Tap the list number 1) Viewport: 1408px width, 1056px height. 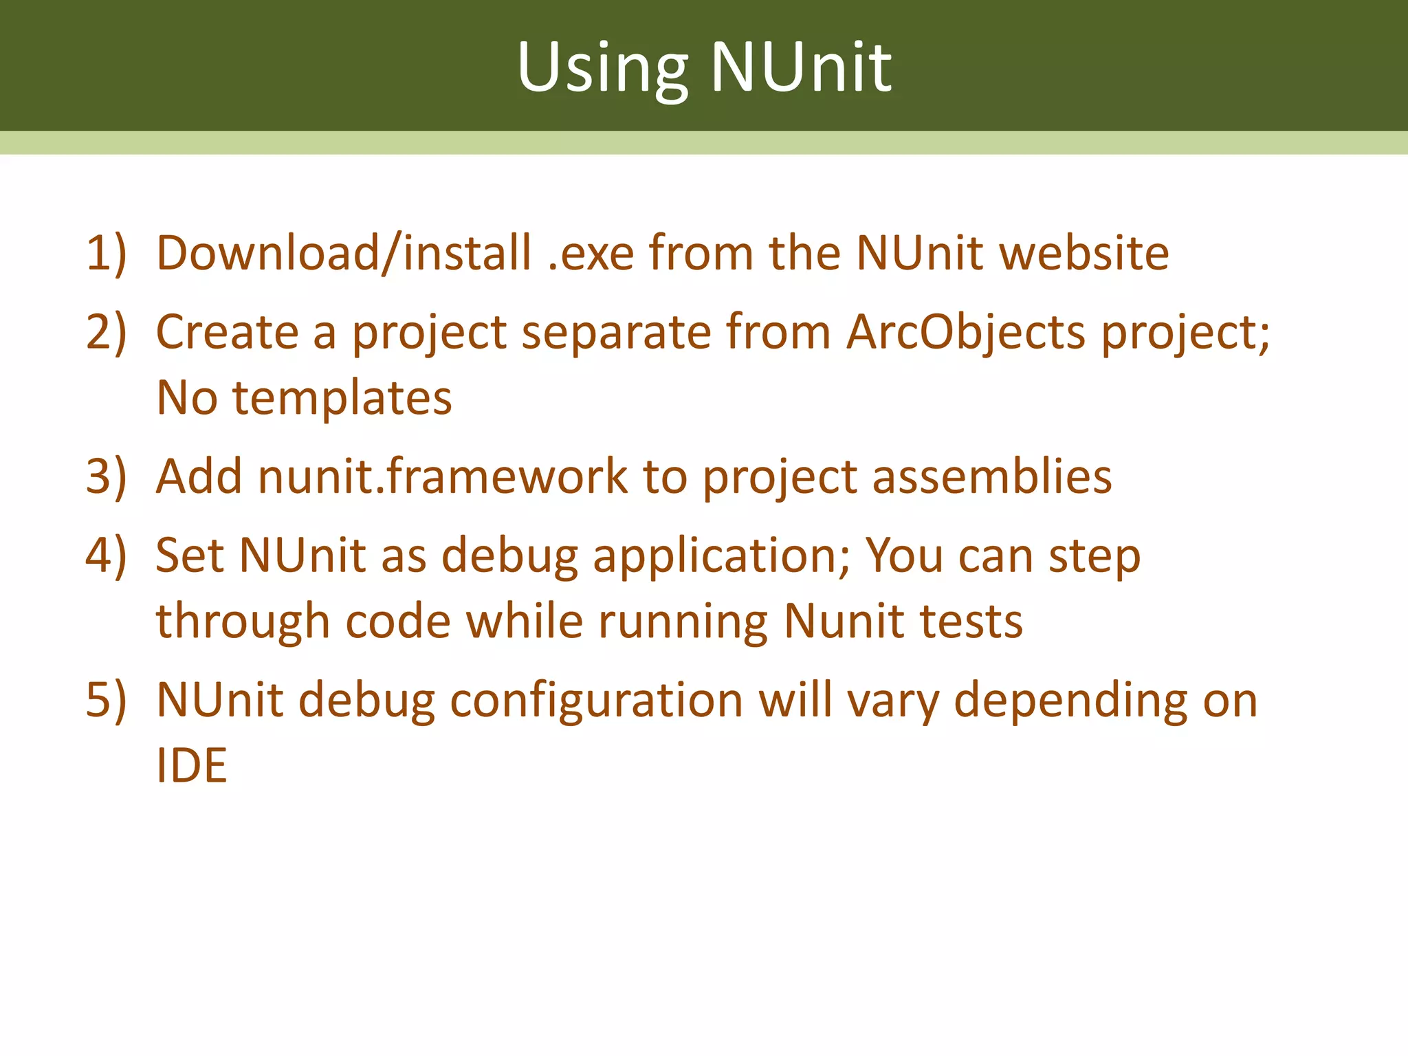tap(106, 253)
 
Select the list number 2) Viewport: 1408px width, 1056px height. tap(106, 331)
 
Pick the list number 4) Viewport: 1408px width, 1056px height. tap(106, 555)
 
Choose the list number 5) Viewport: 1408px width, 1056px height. tap(106, 700)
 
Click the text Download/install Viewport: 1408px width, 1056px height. tap(344, 253)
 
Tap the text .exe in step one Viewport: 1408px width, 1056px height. tap(591, 253)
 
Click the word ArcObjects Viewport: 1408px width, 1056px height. tap(965, 333)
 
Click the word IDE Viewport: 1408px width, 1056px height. tap(192, 765)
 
